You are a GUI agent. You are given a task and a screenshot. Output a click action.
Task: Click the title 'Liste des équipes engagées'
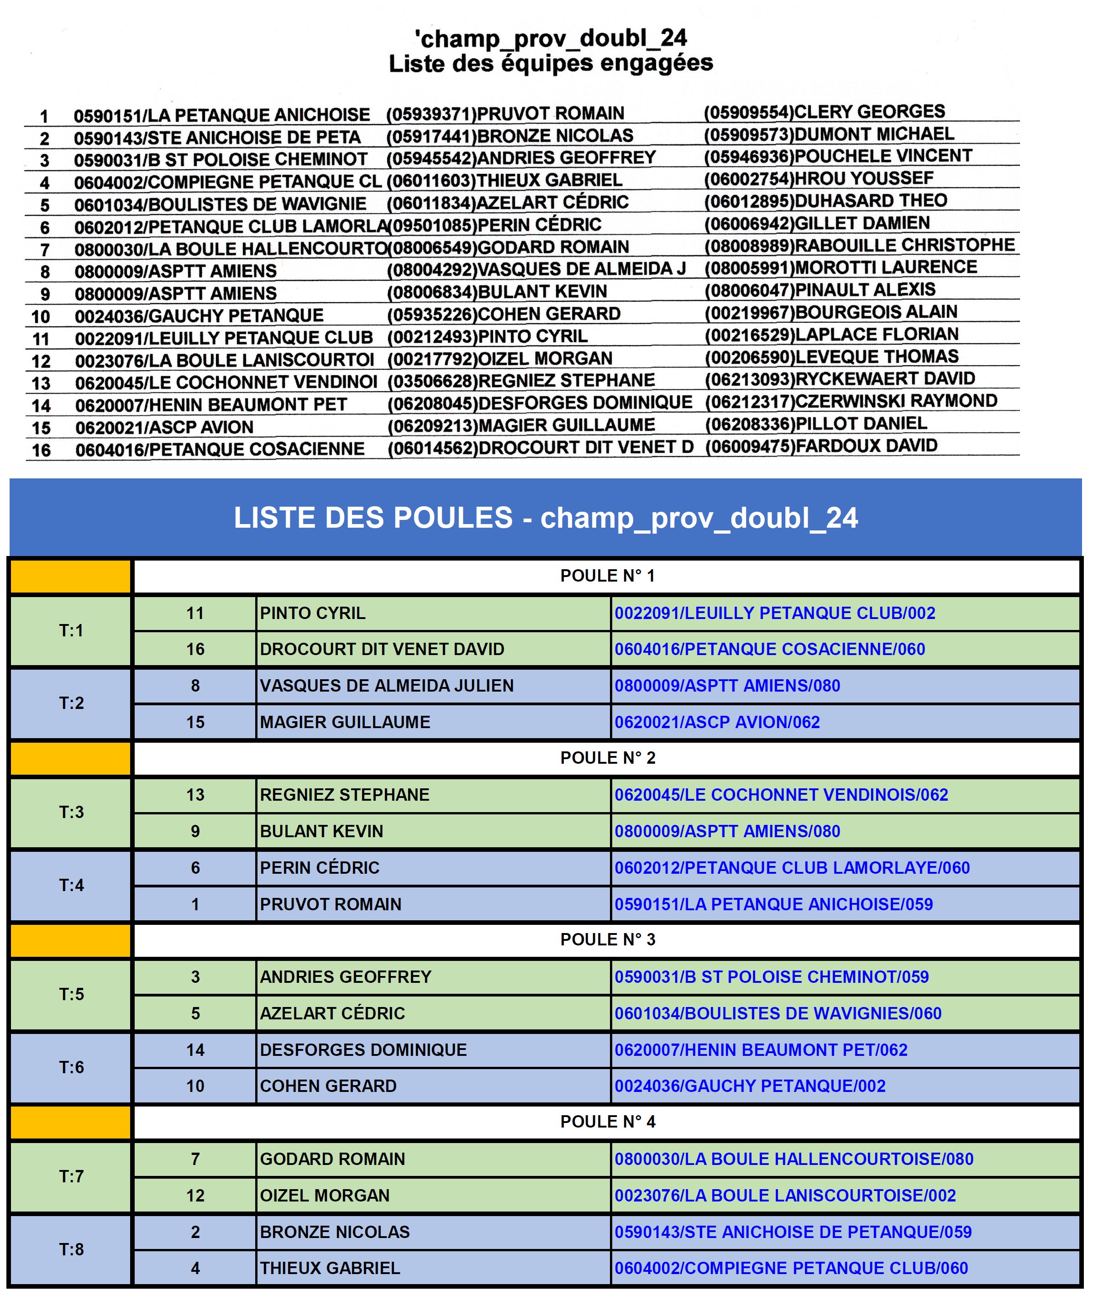[x=550, y=63]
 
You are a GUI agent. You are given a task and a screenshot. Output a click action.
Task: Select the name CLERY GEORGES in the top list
[x=869, y=111]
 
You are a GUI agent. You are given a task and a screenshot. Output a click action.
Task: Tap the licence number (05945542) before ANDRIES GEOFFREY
[x=431, y=158]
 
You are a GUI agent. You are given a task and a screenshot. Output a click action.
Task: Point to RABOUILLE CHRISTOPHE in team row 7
[x=904, y=245]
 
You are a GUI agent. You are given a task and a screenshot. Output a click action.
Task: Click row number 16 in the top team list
[x=42, y=451]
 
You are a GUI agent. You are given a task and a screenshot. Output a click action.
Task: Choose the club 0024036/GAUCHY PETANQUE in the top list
[x=199, y=316]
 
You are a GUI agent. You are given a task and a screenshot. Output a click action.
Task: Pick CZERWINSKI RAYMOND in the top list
[x=896, y=401]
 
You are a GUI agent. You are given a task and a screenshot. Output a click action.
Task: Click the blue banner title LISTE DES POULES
[x=545, y=518]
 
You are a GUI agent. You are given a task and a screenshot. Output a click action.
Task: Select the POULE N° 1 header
[x=607, y=576]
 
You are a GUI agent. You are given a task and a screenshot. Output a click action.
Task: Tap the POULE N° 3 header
[x=607, y=940]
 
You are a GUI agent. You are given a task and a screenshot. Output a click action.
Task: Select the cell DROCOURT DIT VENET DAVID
[x=382, y=649]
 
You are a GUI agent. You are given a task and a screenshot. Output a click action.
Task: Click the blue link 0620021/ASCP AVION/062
[x=717, y=722]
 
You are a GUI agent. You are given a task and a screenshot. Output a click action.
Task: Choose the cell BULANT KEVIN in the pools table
[x=321, y=831]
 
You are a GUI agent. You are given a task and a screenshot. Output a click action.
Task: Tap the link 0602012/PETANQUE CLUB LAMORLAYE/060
[x=792, y=868]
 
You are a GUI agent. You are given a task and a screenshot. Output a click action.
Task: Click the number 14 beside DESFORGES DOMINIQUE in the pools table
[x=195, y=1050]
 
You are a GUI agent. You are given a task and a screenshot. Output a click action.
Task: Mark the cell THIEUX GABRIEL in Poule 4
[x=330, y=1268]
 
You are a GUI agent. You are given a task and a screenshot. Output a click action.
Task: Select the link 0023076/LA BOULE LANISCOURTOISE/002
[x=785, y=1196]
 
